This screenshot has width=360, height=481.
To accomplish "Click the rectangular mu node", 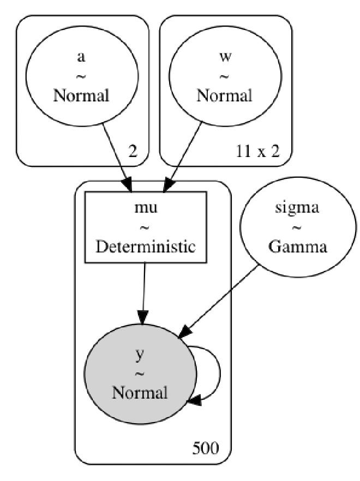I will tap(145, 226).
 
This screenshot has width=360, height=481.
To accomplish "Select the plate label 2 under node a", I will tap(133, 151).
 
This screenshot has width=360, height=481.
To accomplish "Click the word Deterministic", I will tap(145, 246).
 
